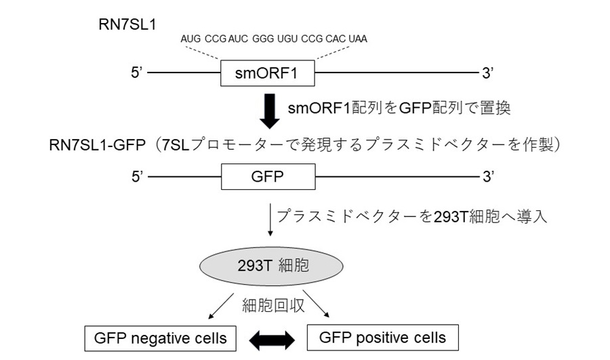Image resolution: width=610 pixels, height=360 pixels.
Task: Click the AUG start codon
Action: click(192, 39)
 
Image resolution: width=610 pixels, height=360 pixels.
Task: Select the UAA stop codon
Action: click(357, 39)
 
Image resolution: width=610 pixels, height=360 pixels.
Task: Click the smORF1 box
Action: click(268, 72)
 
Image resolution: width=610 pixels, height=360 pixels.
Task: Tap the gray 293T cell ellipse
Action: click(270, 265)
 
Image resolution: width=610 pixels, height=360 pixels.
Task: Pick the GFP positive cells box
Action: click(383, 338)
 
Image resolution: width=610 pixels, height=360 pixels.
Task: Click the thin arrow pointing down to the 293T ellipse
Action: click(270, 221)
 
